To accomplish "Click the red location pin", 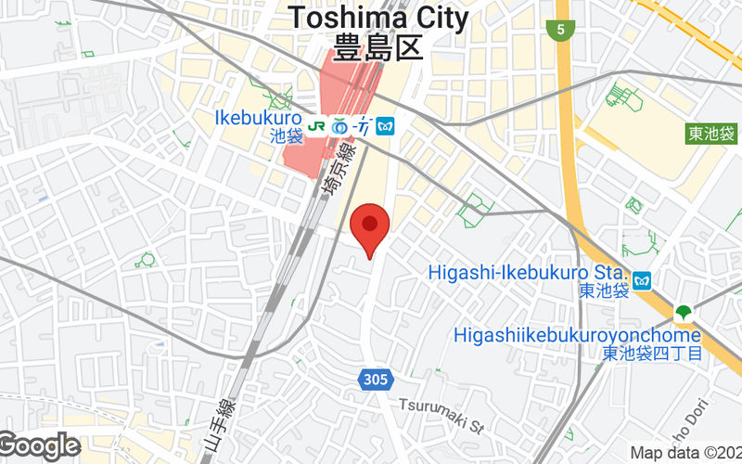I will [371, 228].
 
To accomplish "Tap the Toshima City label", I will [377, 18].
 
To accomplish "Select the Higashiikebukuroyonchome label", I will [577, 334].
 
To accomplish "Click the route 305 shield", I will [376, 379].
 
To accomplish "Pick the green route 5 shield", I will [560, 31].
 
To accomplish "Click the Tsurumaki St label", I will [442, 405].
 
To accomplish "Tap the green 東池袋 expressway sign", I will [712, 134].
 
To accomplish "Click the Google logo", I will [39, 446].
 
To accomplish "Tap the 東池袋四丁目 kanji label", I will [651, 353].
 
